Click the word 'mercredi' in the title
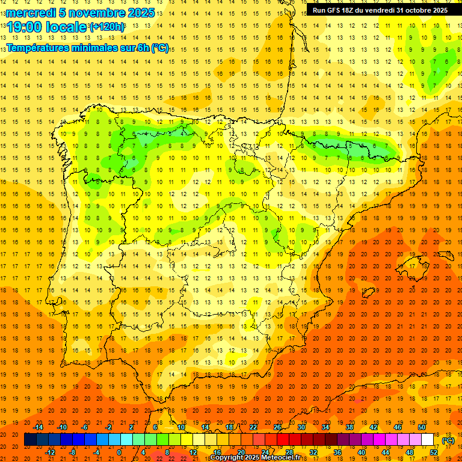pos(30,13)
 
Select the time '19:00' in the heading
pos(26,27)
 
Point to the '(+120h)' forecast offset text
pos(107,27)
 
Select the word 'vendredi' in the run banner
pos(379,10)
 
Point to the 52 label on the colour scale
pos(434,452)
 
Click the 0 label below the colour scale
pos(120,452)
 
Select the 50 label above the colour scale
pos(422,427)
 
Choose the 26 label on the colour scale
pos(277,427)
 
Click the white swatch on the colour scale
pos(427,440)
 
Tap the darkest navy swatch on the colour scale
pos(30,440)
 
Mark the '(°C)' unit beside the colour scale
pos(448,440)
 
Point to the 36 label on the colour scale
pos(337,452)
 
